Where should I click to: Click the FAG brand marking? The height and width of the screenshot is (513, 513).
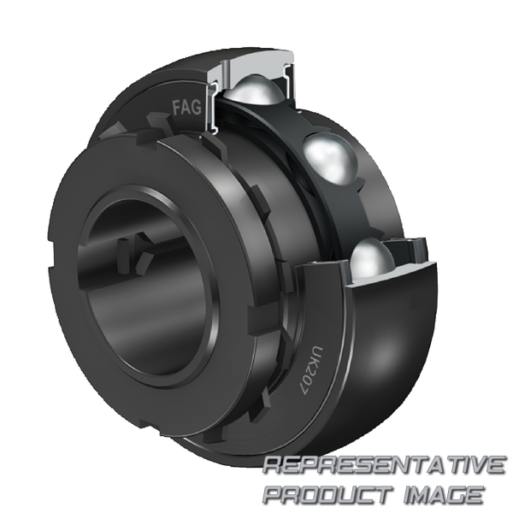[x=186, y=107]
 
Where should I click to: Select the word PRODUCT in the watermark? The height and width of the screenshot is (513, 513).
[x=329, y=494]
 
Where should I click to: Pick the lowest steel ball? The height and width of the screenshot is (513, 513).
[x=372, y=259]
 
